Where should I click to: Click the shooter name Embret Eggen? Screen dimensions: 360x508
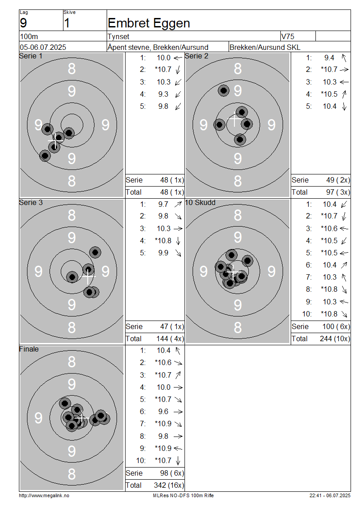148,23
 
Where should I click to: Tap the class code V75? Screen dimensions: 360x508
288,36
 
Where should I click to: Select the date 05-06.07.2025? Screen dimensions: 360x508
43,47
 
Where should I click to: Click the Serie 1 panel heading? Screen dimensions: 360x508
31,56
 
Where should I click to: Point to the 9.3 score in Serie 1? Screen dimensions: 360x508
163,94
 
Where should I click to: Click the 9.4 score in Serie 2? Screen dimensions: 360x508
329,58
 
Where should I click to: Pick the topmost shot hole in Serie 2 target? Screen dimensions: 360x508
224,90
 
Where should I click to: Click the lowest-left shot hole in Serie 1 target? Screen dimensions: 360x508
45,156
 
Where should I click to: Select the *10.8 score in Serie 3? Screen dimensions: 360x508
163,241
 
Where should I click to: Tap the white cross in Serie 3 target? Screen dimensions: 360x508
88,277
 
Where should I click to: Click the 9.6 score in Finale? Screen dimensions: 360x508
163,411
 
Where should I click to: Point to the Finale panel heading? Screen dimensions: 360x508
29,349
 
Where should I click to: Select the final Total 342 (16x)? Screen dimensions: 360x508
169,486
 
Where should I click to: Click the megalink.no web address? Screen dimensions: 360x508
44,496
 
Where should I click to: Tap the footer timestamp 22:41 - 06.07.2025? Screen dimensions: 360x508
330,496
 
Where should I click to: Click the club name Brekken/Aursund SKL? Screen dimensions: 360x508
265,47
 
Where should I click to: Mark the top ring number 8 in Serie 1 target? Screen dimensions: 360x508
72,69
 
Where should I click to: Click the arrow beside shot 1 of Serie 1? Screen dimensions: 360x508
178,58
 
